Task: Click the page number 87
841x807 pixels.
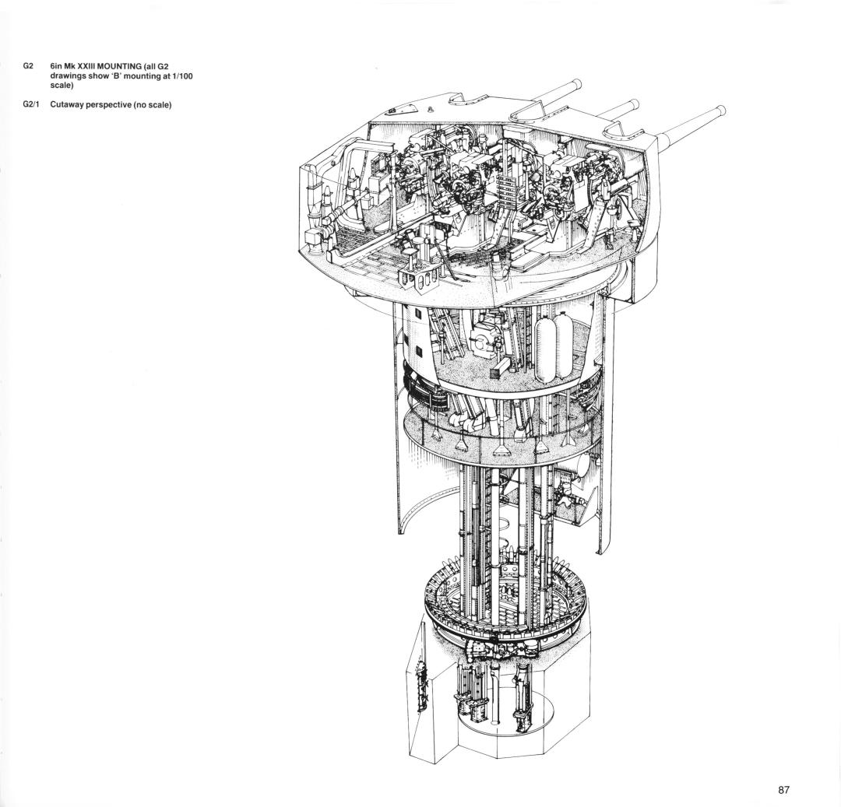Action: tap(783, 790)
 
